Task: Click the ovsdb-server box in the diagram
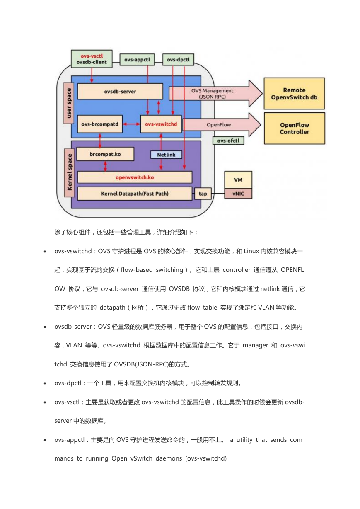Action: [120, 91]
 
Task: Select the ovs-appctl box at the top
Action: [137, 60]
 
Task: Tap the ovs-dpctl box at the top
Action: [178, 60]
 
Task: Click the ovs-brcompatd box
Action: [100, 124]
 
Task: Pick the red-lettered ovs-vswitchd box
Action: [161, 124]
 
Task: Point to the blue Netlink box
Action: [166, 155]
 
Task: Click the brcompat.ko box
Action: [105, 154]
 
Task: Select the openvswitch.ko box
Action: [135, 177]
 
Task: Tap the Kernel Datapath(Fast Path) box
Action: [135, 194]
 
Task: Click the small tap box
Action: [203, 194]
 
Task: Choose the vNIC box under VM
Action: [238, 194]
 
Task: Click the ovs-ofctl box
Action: [228, 141]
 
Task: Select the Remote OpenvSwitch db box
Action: [294, 93]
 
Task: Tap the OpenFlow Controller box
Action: [295, 128]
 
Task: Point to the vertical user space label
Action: [69, 103]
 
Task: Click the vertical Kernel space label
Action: [70, 173]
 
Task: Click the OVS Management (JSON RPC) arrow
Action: [215, 93]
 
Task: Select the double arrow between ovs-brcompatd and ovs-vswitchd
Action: [131, 124]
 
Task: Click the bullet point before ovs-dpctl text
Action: [45, 383]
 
